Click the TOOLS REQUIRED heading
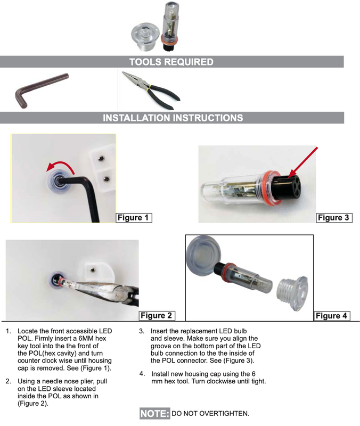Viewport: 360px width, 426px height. click(x=171, y=62)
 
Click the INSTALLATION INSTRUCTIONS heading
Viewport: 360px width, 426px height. click(x=173, y=118)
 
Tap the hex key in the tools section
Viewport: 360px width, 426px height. click(x=41, y=91)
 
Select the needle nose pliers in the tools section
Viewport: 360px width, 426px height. click(x=151, y=91)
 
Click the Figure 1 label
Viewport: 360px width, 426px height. click(x=134, y=218)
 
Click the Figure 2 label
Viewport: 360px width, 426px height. click(x=157, y=315)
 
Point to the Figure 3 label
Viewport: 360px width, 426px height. click(x=334, y=218)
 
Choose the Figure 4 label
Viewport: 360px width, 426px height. click(x=332, y=316)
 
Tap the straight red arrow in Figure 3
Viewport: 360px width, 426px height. click(x=303, y=162)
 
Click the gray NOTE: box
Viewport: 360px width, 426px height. click(x=155, y=414)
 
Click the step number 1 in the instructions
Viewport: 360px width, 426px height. click(x=9, y=331)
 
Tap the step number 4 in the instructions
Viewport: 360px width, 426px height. click(x=142, y=374)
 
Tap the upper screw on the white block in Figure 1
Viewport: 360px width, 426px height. click(x=101, y=158)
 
